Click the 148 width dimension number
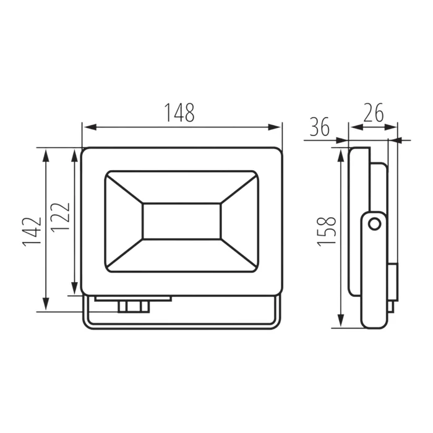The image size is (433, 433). tap(180, 113)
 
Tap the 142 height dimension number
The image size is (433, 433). tap(32, 232)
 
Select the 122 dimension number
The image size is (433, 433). tap(60, 217)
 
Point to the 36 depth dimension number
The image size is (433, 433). tap(320, 127)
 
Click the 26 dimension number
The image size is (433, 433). tap(374, 113)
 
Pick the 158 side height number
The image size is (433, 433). tap(327, 231)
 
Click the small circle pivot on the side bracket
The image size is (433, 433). tap(374, 224)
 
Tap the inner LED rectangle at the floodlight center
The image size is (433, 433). tap(182, 221)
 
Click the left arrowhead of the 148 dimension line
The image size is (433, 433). tap(90, 127)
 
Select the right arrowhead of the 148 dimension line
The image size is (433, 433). tap(275, 127)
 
